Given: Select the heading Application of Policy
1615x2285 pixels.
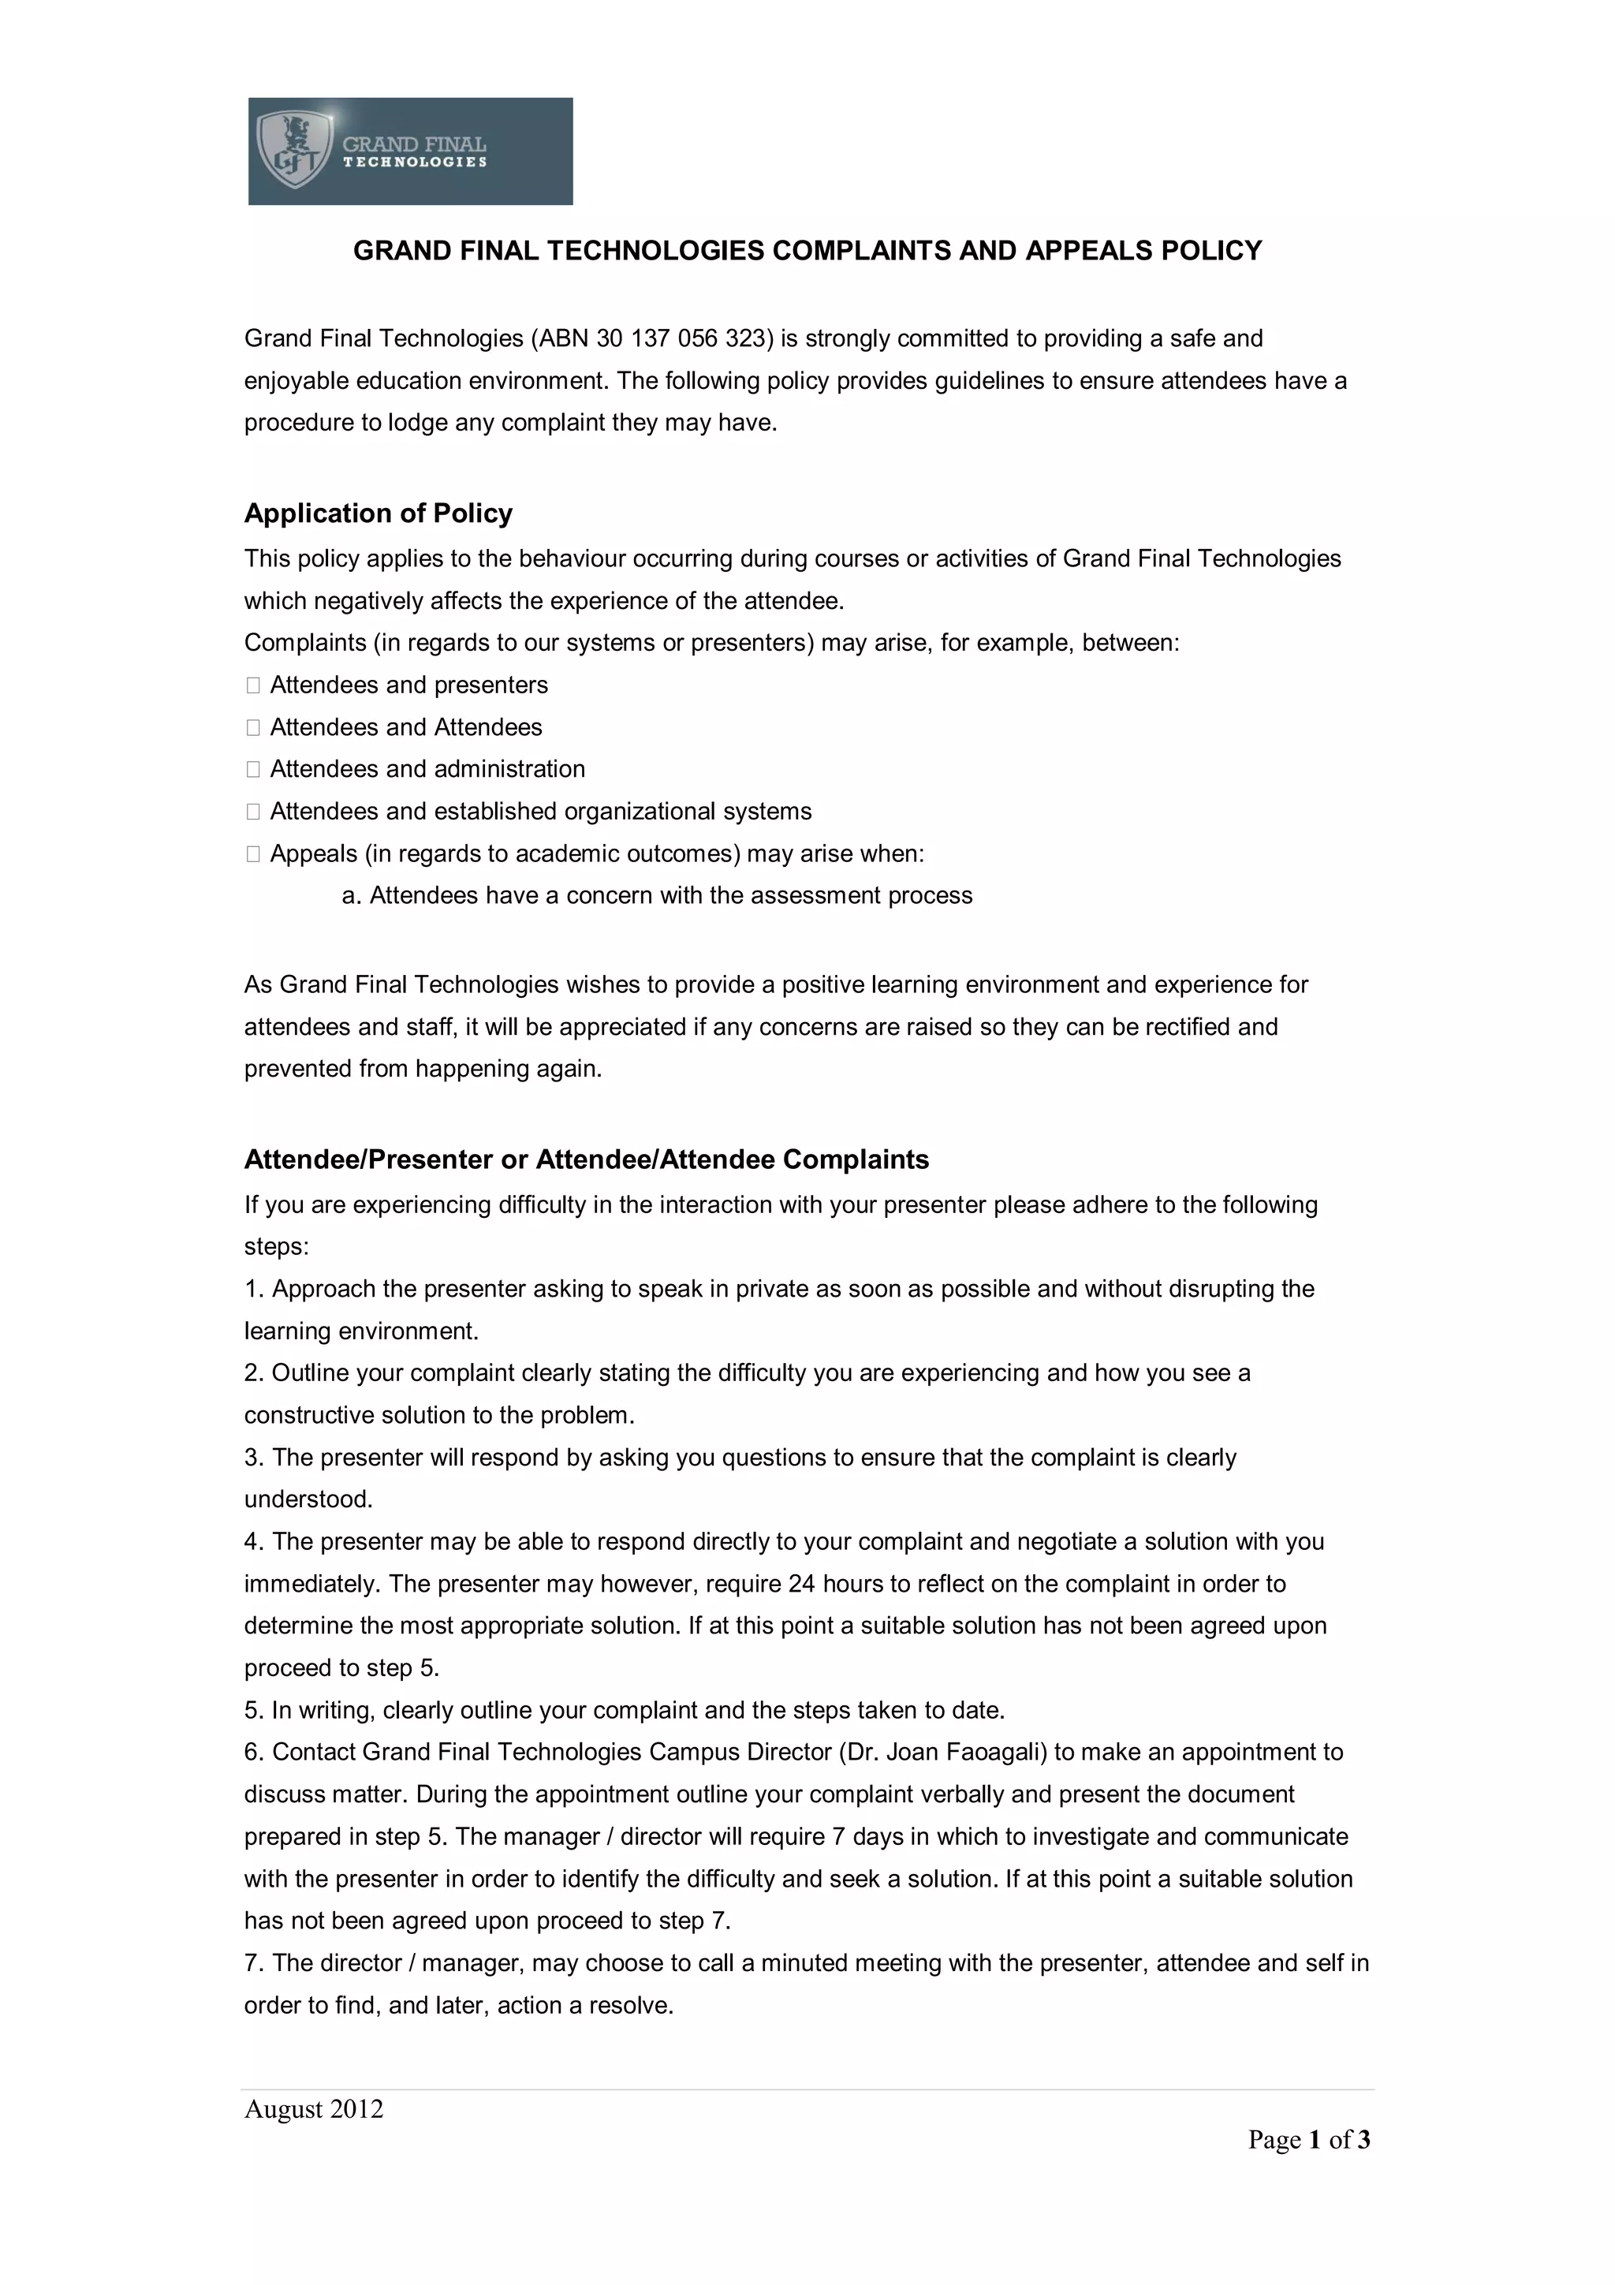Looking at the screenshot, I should pos(379,513).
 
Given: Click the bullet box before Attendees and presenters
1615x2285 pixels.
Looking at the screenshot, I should pos(253,685).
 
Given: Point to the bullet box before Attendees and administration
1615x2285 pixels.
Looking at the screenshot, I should pos(253,769).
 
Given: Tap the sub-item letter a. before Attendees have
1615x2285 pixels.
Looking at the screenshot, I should pos(350,896).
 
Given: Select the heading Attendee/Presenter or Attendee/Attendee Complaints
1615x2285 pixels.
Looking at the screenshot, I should pos(586,1159).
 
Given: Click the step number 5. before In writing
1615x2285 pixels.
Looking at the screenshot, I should pos(254,1710).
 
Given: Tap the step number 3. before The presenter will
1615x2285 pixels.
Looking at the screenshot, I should pos(254,1457).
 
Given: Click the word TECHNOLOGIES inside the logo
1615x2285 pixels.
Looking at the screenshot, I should pos(415,162).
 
